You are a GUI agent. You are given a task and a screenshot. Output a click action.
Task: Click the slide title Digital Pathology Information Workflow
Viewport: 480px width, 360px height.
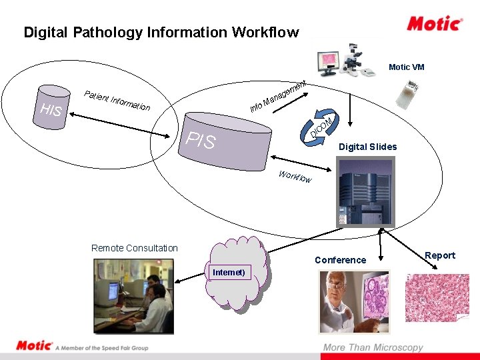[161, 32]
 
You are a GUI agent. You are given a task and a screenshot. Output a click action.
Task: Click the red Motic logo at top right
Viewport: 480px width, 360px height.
[435, 24]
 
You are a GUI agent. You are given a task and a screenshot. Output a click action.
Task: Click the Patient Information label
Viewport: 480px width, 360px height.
[117, 99]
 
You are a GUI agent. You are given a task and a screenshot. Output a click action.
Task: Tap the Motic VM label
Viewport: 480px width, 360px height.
[406, 67]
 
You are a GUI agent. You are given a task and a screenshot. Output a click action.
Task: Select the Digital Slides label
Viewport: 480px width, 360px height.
[367, 147]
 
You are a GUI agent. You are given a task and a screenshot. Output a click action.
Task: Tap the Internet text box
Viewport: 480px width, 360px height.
[229, 272]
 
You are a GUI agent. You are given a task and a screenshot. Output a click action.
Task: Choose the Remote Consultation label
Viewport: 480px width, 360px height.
[135, 248]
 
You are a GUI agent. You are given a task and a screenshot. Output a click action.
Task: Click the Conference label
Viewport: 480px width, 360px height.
[340, 260]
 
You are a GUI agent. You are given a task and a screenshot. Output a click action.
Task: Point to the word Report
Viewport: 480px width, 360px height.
[440, 255]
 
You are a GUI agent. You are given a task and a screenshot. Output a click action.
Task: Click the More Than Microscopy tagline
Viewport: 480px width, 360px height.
[373, 347]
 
